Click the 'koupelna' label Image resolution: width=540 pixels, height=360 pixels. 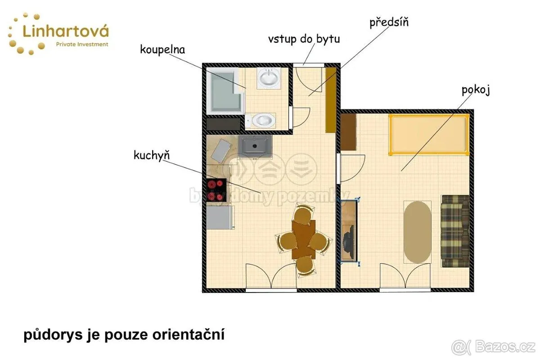162,50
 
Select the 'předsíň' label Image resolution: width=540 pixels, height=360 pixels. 389,22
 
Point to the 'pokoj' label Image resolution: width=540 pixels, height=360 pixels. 476,90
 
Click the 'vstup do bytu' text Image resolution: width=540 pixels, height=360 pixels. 304,39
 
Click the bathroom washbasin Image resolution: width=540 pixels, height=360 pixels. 269,78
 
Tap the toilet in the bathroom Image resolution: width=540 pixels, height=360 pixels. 261,120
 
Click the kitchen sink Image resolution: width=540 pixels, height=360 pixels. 255,147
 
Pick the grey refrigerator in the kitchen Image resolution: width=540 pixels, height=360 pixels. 220,217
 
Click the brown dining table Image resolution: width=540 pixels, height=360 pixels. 303,239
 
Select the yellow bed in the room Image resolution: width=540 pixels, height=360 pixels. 429,135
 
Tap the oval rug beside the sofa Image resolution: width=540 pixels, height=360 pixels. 418,232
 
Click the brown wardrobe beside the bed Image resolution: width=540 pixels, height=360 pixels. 348,132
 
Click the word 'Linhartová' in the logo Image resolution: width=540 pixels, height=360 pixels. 66,31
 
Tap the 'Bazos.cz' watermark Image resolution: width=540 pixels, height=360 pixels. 505,347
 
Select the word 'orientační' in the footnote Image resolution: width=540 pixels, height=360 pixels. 189,335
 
